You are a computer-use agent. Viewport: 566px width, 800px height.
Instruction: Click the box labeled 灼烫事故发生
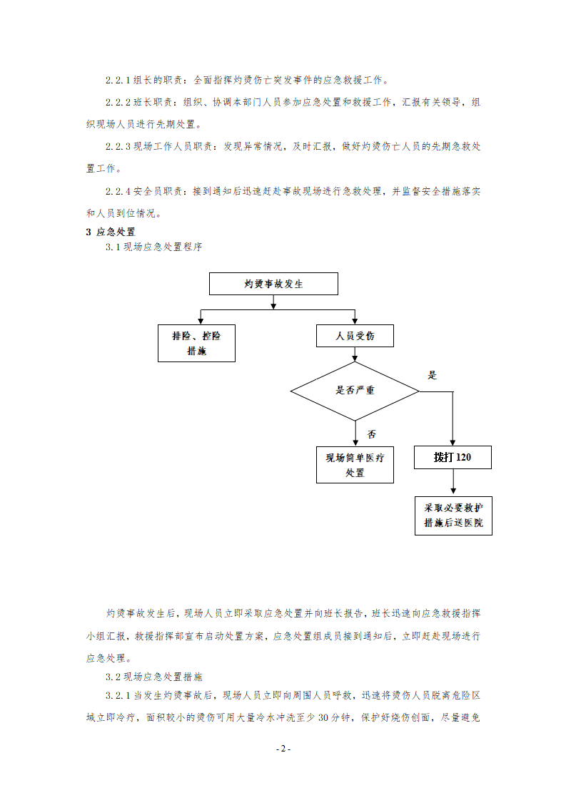point(273,284)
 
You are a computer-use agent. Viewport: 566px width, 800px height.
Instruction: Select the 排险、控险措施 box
point(197,344)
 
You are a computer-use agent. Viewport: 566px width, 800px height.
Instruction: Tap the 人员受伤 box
point(355,336)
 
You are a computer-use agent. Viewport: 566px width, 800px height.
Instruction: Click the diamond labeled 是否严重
point(355,391)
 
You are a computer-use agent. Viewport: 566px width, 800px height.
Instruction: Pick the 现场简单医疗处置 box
point(355,465)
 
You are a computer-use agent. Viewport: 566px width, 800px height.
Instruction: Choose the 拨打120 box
point(453,458)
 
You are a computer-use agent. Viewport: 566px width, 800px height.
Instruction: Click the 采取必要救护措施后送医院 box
point(454,516)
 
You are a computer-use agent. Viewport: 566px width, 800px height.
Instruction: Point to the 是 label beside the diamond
point(432,376)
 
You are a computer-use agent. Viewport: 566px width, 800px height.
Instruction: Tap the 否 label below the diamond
point(371,434)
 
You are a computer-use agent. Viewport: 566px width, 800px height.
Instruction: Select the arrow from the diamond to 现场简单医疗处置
point(355,434)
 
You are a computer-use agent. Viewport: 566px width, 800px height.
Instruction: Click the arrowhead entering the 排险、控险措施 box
point(201,322)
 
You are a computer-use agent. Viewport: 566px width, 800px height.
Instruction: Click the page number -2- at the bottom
point(283,749)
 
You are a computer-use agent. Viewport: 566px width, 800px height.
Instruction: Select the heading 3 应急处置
point(111,232)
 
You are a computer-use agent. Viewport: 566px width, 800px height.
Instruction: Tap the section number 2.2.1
point(118,80)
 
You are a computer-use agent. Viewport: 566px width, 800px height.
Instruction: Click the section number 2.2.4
point(118,191)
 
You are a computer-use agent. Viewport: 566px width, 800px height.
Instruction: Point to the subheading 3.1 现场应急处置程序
point(153,247)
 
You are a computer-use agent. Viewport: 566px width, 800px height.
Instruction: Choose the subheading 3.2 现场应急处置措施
point(153,677)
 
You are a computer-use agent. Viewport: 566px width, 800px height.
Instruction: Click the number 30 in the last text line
point(323,717)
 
